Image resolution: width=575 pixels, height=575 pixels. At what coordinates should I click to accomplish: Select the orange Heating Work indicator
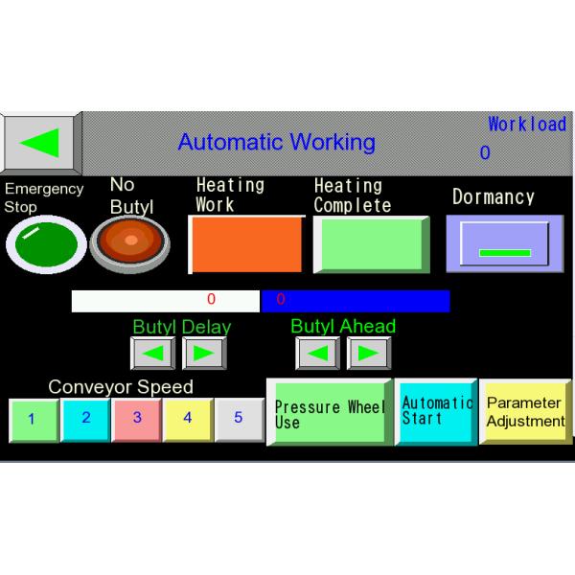pos(245,244)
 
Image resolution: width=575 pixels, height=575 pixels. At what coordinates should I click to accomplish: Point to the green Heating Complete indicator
pos(369,244)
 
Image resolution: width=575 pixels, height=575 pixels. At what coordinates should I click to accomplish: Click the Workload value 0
pos(485,153)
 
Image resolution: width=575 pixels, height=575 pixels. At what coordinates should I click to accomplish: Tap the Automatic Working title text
pos(276,143)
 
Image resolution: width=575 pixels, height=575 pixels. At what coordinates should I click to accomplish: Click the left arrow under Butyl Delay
pos(153,353)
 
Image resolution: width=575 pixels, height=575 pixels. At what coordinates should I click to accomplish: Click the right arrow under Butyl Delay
pos(203,353)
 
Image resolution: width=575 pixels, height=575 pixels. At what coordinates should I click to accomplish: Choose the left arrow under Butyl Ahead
pos(317,353)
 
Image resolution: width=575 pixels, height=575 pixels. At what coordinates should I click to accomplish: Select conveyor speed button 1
pos(33,419)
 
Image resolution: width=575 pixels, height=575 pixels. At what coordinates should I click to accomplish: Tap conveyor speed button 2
pos(85,418)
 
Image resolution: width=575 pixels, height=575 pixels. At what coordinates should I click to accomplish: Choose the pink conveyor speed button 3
pos(137,418)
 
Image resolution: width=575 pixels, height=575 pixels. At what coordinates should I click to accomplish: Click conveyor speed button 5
pos(239,418)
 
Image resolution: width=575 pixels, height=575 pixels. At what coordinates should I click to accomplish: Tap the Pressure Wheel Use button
pos(329,413)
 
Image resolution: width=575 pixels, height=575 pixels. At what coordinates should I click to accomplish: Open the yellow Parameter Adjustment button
pos(525,412)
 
